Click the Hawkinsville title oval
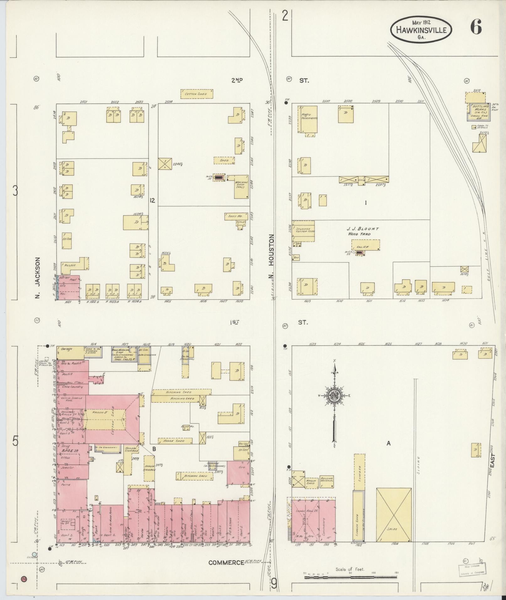point(421,30)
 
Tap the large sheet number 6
point(476,29)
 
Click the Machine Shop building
point(241,187)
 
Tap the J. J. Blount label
point(363,229)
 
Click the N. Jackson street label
point(38,278)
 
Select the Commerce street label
point(226,563)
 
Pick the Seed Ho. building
point(236,216)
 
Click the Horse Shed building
point(174,441)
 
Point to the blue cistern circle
point(34,555)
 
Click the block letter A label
point(389,443)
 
